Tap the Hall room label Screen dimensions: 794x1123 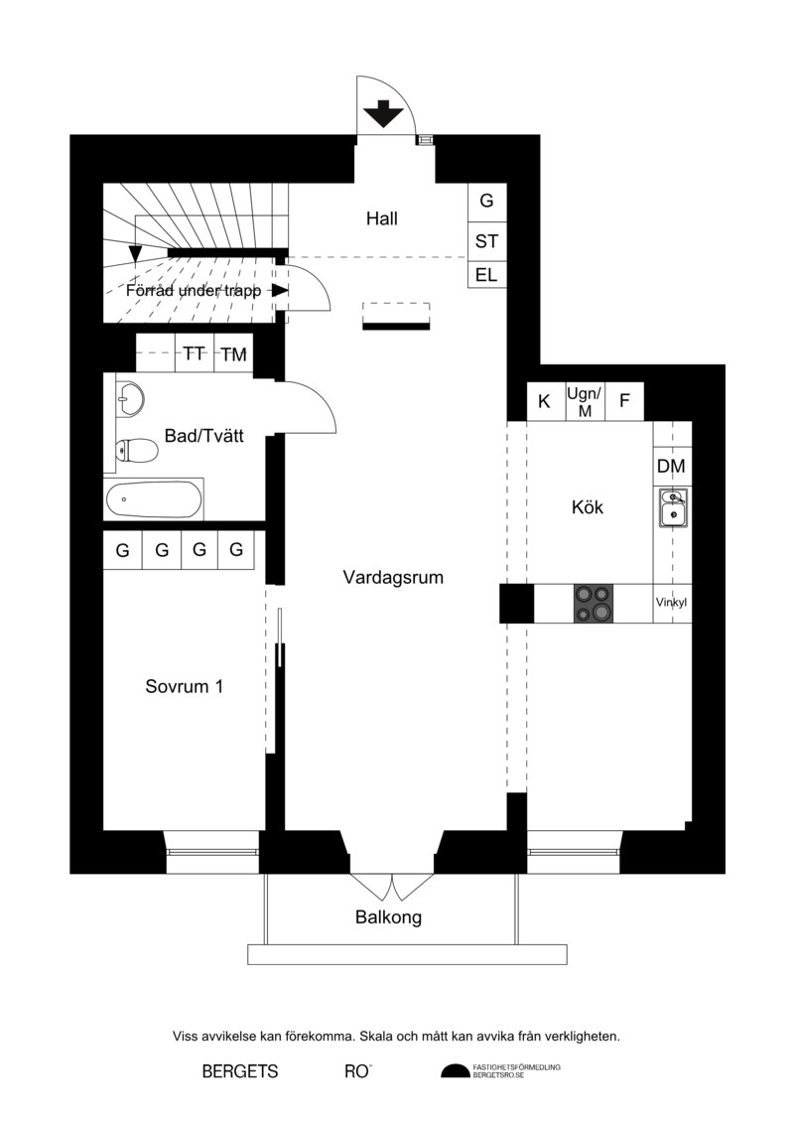tap(381, 218)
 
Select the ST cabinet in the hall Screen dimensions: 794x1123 tap(487, 242)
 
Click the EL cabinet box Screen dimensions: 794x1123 tap(487, 275)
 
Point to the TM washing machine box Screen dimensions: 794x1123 tap(234, 353)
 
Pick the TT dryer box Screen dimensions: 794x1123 tap(195, 353)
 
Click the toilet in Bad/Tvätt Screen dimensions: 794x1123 tap(136, 450)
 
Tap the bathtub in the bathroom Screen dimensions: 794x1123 tap(154, 499)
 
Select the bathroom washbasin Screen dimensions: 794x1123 tap(130, 397)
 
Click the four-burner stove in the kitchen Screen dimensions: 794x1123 tap(594, 603)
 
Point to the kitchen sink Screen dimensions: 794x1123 tap(673, 507)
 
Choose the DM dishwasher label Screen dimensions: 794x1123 tap(672, 467)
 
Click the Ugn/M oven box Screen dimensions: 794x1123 tap(585, 401)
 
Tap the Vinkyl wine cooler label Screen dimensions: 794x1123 tap(672, 603)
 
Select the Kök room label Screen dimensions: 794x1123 tap(588, 507)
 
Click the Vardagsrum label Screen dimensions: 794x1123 tap(393, 577)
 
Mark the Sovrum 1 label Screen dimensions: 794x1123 tap(185, 686)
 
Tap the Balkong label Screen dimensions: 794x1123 tap(389, 917)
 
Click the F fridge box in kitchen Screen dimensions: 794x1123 tap(624, 401)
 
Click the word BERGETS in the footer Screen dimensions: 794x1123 tap(240, 1071)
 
